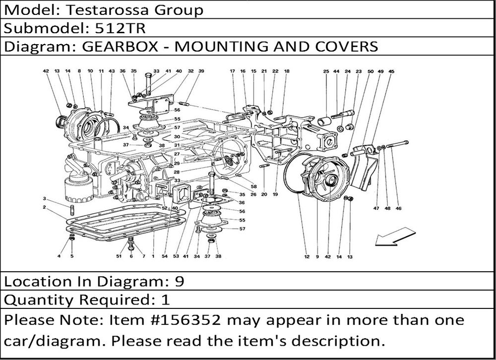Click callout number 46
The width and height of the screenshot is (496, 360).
(x=398, y=209)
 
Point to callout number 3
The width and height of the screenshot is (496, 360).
(x=44, y=198)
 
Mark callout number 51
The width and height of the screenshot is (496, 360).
(x=119, y=256)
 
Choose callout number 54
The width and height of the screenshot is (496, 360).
(x=165, y=256)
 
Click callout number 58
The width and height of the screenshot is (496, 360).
(x=253, y=186)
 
